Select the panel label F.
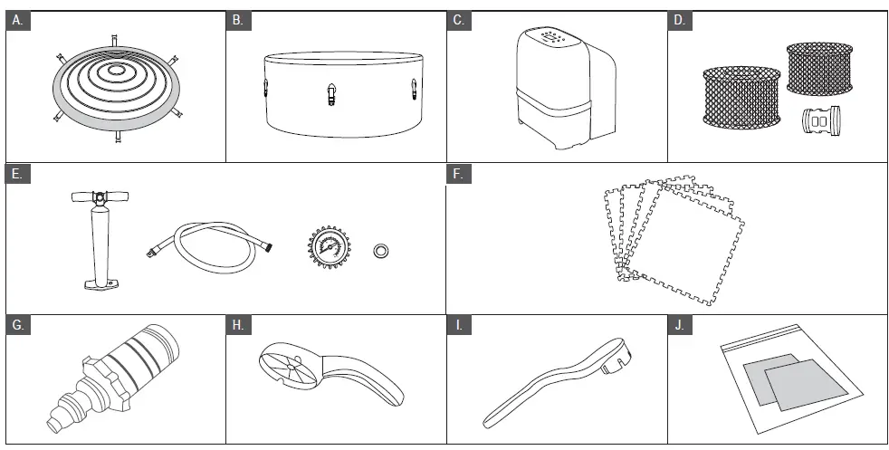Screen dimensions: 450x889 (x=460, y=174)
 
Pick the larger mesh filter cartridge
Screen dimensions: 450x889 (x=741, y=97)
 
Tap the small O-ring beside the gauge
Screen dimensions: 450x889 (x=382, y=248)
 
